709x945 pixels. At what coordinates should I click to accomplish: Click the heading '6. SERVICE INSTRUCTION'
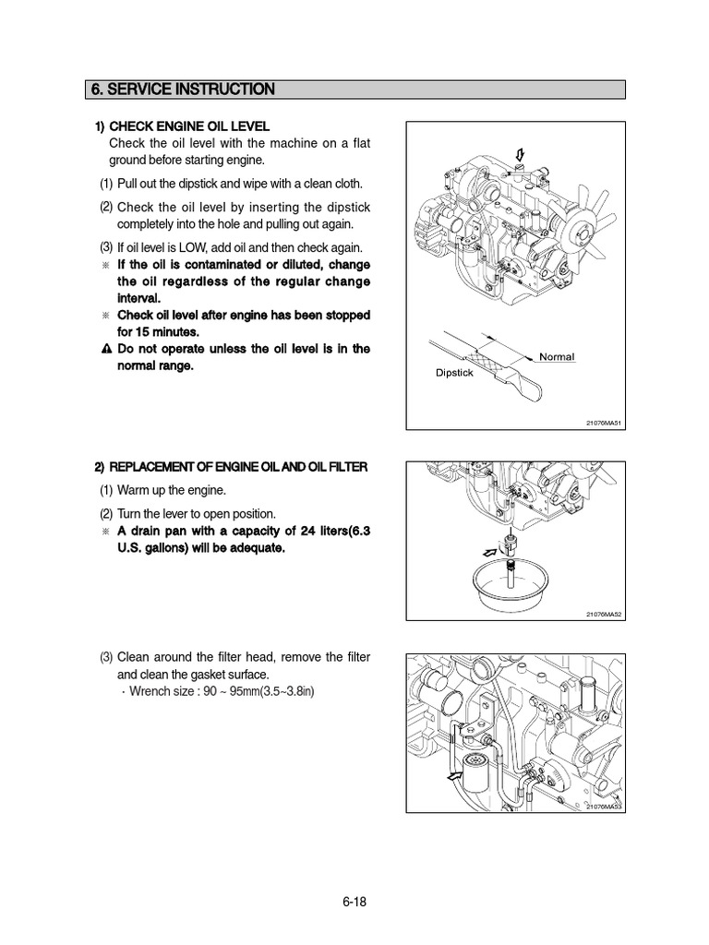pyautogui.click(x=182, y=90)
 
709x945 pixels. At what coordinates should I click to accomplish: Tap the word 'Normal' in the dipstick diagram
pyautogui.click(x=557, y=356)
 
